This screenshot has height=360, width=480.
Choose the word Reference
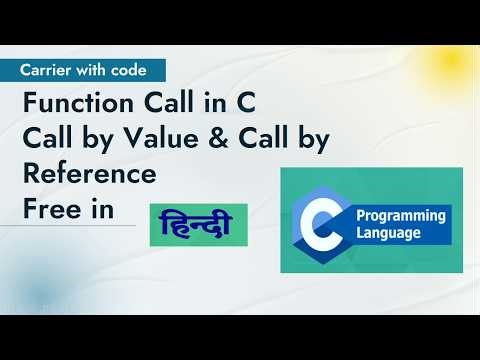pyautogui.click(x=89, y=174)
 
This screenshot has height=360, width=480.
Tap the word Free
pyautogui.click(x=48, y=209)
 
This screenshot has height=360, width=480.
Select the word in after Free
pyautogui.click(x=100, y=209)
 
